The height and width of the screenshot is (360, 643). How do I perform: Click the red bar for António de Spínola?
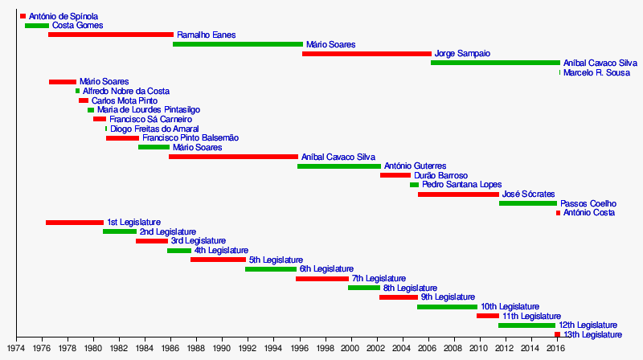pyautogui.click(x=23, y=16)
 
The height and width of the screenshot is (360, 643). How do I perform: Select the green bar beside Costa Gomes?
pyautogui.click(x=37, y=26)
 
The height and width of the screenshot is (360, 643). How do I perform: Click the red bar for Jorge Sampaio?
pyautogui.click(x=367, y=54)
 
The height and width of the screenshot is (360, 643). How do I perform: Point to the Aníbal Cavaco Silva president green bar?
pyautogui.click(x=495, y=63)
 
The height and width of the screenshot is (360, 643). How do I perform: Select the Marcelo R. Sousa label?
pyautogui.click(x=596, y=73)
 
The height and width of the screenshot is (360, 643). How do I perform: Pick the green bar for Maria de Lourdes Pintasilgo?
pyautogui.click(x=91, y=110)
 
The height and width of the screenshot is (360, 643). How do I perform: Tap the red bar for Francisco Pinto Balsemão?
pyautogui.click(x=122, y=138)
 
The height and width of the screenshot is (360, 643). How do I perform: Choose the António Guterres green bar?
pyautogui.click(x=339, y=166)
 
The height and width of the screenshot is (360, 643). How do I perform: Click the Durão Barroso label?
pyautogui.click(x=440, y=175)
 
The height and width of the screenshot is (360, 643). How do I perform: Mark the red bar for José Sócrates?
pyautogui.click(x=458, y=194)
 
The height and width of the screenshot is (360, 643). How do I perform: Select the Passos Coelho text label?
pyautogui.click(x=588, y=204)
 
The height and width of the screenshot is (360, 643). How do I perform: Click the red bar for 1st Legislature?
pyautogui.click(x=75, y=223)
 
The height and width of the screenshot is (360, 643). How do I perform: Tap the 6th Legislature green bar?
pyautogui.click(x=271, y=269)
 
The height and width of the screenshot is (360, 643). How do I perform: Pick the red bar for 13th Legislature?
pyautogui.click(x=557, y=334)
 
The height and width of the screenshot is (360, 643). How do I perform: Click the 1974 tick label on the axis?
pyautogui.click(x=17, y=348)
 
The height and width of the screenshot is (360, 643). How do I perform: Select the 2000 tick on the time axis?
pyautogui.click(x=350, y=348)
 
